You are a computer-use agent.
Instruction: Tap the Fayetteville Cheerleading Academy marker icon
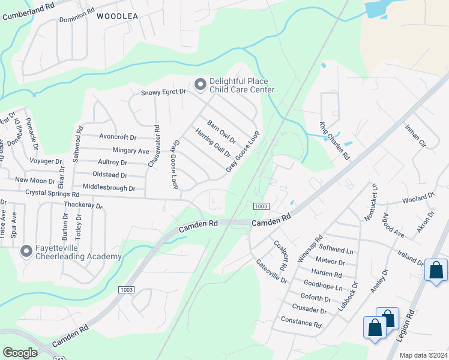coord(26,251)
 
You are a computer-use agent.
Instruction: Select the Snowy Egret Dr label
coord(164,92)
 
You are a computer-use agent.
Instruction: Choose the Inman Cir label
coord(415,136)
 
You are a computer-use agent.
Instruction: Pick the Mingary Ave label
coord(130,151)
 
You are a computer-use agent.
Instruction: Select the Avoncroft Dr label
coord(118,136)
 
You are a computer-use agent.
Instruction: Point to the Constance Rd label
coord(301,322)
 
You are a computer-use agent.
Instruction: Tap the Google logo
coord(20,353)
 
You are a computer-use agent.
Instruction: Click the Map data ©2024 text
coord(423,355)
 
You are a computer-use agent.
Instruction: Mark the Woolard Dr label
coord(418,197)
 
